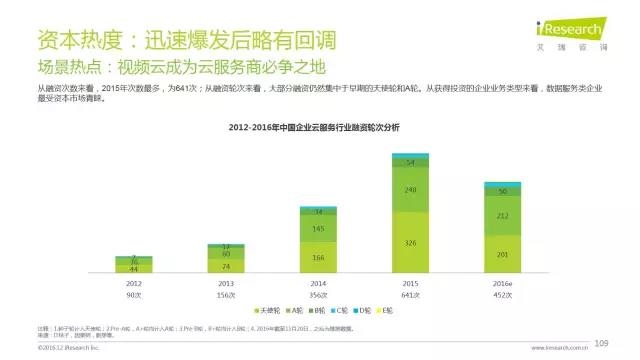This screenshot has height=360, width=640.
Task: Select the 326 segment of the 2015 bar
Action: coord(410,243)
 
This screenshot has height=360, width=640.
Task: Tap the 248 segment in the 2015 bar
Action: coord(410,190)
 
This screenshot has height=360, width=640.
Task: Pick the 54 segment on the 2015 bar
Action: coord(410,162)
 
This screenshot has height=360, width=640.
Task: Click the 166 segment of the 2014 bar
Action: coord(318,259)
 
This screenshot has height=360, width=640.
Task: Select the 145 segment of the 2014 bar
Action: coord(318,229)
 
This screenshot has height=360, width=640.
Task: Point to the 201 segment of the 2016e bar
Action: coord(502,250)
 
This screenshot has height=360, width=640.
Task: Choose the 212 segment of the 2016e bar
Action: coord(502,214)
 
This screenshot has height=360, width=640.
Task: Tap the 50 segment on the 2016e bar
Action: coord(502,191)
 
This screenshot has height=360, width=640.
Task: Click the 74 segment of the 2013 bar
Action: coord(226,267)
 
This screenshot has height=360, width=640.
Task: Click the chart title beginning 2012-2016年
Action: coord(313,128)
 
